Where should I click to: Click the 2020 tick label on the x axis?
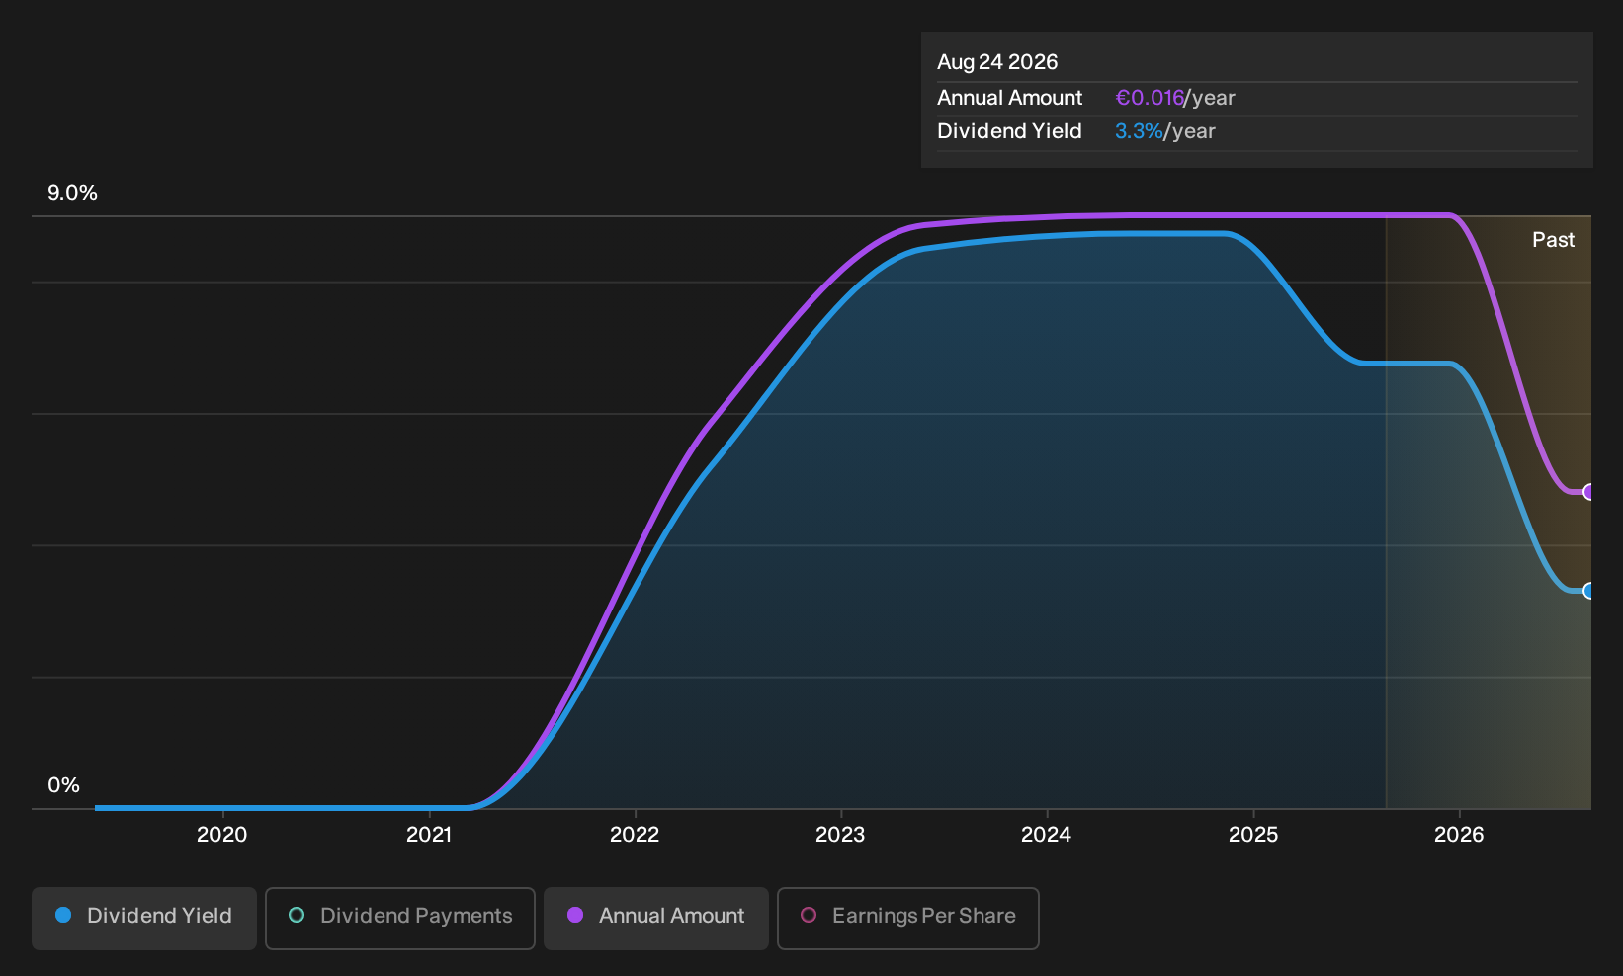(x=221, y=835)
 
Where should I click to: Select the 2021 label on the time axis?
(x=429, y=835)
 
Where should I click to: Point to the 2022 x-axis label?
(x=635, y=835)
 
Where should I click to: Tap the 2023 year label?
(x=840, y=835)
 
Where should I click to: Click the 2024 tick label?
(x=1047, y=835)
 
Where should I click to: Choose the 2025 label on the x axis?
(x=1253, y=835)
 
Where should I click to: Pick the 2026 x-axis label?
(x=1459, y=835)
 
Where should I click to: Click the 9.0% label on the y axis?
(x=72, y=193)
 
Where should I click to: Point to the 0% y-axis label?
(x=64, y=785)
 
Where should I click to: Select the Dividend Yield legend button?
(x=144, y=918)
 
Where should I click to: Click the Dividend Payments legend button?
(x=400, y=918)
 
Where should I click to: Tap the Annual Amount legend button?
(x=655, y=918)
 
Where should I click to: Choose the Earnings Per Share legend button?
(x=907, y=918)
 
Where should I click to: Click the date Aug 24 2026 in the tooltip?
(x=997, y=62)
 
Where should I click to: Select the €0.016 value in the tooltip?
(x=1150, y=98)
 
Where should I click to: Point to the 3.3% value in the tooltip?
(x=1139, y=131)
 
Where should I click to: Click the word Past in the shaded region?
(x=1553, y=240)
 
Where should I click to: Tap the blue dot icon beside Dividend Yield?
(x=64, y=915)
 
